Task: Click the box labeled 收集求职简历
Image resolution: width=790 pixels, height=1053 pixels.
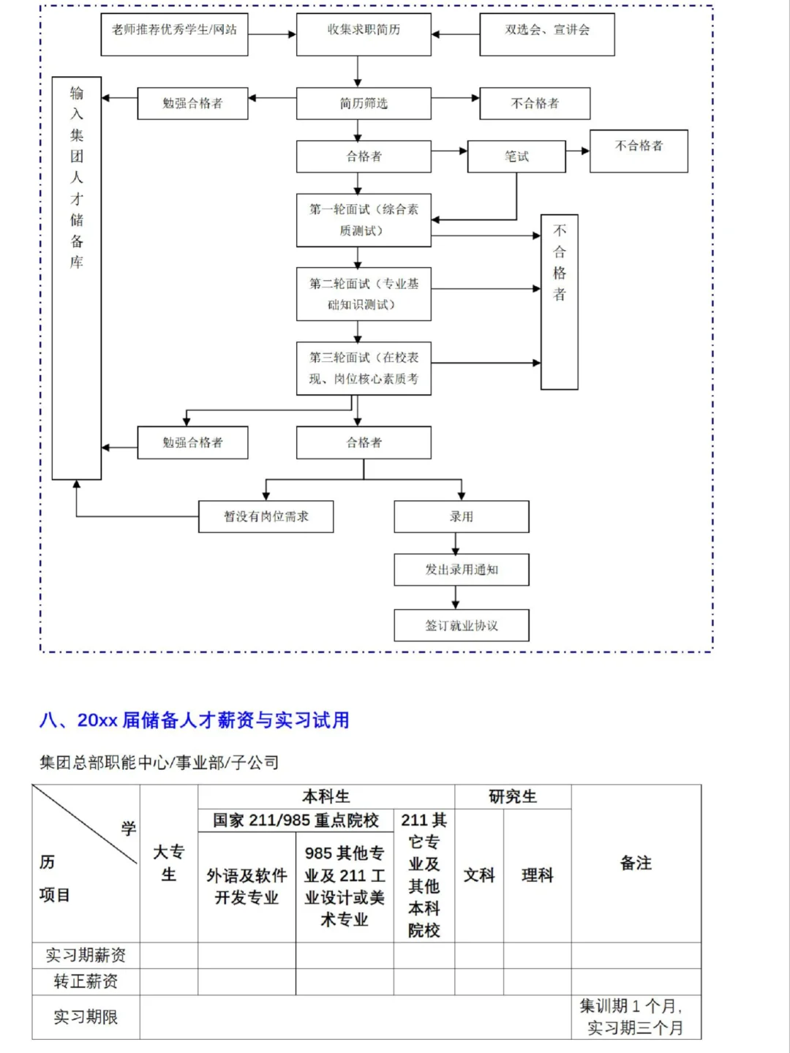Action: [x=364, y=34]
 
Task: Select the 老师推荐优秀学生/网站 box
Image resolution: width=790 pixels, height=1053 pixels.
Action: [x=174, y=34]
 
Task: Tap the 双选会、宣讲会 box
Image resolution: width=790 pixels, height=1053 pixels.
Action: [x=546, y=34]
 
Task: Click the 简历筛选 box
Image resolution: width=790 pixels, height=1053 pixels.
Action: [x=364, y=103]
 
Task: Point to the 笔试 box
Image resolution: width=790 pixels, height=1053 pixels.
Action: [x=516, y=156]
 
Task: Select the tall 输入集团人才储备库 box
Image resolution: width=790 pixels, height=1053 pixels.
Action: [x=77, y=278]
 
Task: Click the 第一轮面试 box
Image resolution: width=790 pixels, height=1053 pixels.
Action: [x=364, y=219]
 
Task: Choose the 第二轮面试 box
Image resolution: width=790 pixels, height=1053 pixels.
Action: [x=364, y=294]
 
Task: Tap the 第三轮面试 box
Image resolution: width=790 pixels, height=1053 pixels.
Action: [x=364, y=368]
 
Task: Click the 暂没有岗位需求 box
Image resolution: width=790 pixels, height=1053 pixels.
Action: [x=266, y=516]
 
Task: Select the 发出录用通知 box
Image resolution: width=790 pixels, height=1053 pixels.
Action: [x=461, y=570]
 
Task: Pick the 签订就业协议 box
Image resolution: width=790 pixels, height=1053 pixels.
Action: [x=461, y=625]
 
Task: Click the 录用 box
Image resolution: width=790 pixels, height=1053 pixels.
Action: [x=461, y=516]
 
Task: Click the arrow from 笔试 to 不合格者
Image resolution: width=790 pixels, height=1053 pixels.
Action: [x=578, y=151]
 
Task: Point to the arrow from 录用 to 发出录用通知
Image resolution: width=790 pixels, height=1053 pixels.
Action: [x=456, y=543]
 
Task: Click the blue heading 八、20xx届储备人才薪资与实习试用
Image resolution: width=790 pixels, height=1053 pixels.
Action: [x=195, y=720]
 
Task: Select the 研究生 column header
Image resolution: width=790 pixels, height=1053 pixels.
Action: [x=512, y=796]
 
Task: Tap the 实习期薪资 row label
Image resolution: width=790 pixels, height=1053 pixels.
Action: [x=86, y=955]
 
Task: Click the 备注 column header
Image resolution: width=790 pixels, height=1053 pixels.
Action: [x=636, y=863]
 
